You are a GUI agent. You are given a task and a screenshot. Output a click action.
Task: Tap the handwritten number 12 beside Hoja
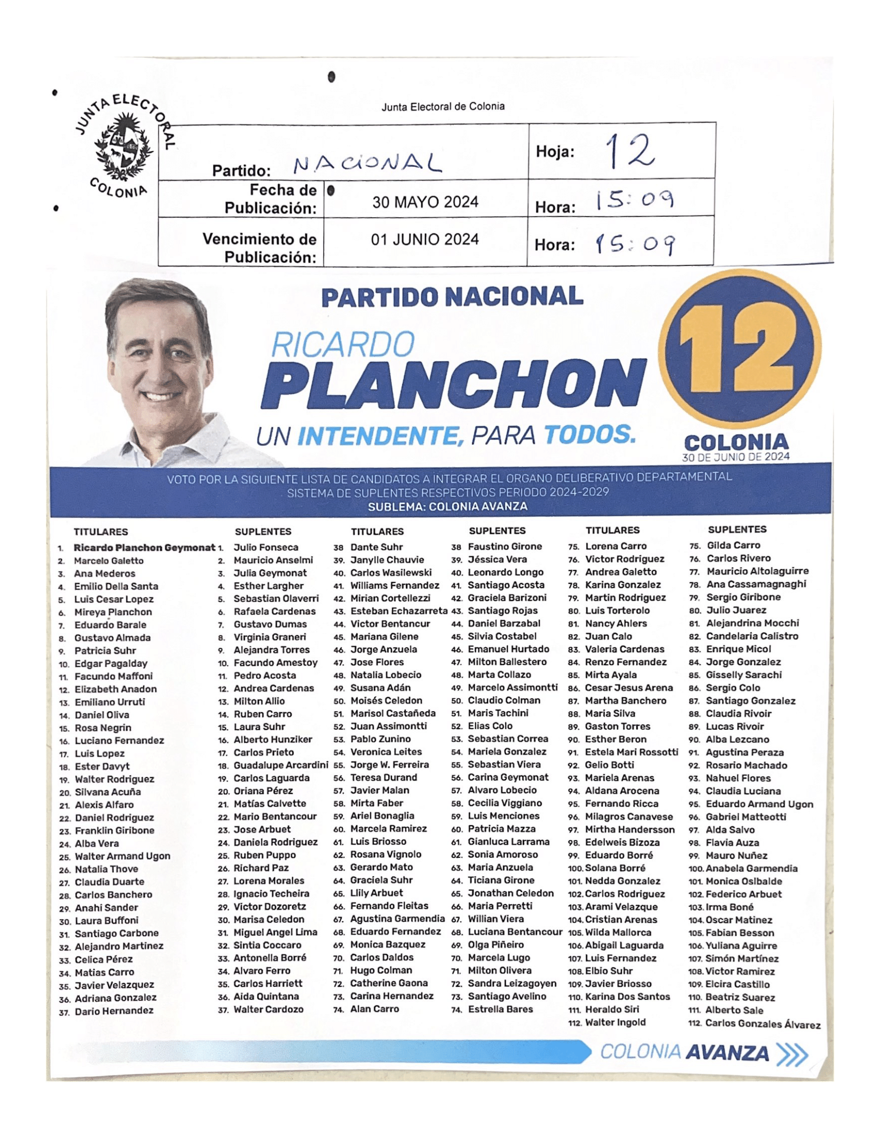coord(629,151)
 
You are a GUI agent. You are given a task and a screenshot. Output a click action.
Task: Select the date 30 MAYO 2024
coord(425,202)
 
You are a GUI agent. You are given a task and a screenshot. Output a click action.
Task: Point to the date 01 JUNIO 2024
coord(425,239)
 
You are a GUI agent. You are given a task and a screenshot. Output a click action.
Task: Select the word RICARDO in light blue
coord(343,345)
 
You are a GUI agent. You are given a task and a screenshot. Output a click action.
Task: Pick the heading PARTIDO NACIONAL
coord(451,297)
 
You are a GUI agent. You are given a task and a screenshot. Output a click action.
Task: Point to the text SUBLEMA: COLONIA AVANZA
coord(447,506)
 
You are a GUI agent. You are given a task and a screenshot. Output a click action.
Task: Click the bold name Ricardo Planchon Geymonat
coord(144,548)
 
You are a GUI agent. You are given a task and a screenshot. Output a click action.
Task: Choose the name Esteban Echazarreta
coord(399,611)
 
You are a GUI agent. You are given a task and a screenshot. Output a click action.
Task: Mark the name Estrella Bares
coord(500,1009)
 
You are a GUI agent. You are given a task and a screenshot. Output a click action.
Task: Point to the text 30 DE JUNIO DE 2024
coord(736,456)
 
